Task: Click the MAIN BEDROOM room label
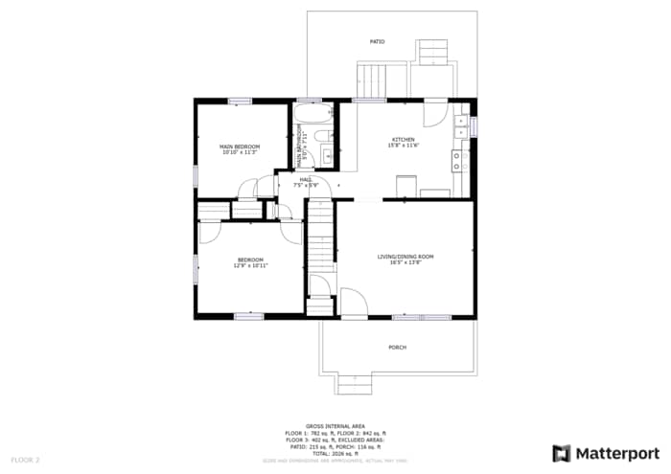click(x=241, y=146)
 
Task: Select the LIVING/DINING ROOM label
click(x=405, y=257)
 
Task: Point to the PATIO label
click(x=378, y=42)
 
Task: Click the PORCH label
click(x=397, y=347)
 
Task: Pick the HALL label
click(x=306, y=179)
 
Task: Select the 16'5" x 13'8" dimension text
click(x=405, y=262)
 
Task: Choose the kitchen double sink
click(x=461, y=124)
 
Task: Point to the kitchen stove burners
click(x=459, y=160)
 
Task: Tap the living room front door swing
click(x=353, y=304)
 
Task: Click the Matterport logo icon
click(x=562, y=453)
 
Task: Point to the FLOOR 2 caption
click(x=25, y=460)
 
